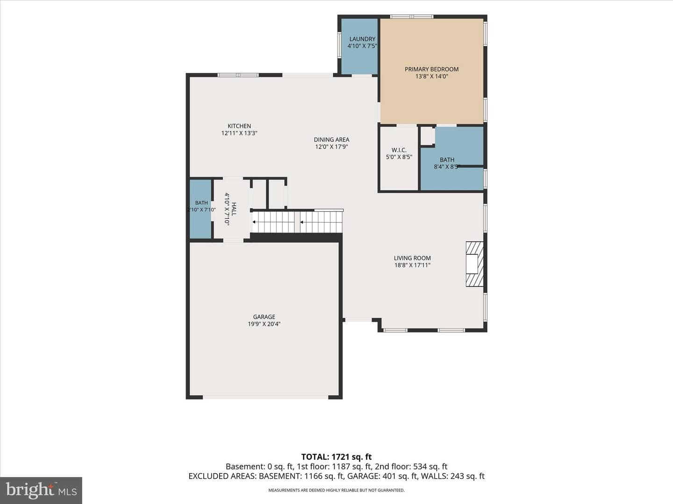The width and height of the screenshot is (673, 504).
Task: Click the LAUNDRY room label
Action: click(x=362, y=39)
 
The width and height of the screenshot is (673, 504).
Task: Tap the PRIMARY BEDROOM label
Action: click(x=431, y=69)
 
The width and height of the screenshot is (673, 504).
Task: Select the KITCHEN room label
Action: click(x=239, y=126)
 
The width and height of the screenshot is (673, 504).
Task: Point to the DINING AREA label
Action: click(x=331, y=140)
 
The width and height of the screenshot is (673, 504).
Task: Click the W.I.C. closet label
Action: click(x=399, y=150)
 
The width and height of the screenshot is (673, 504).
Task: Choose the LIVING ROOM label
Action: click(x=412, y=258)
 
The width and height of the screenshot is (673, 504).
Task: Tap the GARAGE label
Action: click(x=264, y=317)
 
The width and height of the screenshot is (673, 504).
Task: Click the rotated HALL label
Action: click(x=234, y=209)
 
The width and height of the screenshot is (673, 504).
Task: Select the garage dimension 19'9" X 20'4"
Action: click(x=264, y=324)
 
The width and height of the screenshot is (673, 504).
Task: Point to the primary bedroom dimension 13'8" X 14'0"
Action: click(x=432, y=77)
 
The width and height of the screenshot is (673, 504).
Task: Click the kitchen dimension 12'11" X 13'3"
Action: click(x=239, y=133)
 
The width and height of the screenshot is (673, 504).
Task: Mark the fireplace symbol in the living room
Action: click(x=475, y=264)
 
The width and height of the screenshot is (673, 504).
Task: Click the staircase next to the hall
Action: click(x=297, y=222)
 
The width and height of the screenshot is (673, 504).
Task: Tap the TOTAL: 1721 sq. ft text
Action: click(x=336, y=457)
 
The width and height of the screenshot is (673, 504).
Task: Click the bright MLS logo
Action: click(x=41, y=490)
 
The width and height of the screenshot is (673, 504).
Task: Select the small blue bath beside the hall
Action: click(x=200, y=209)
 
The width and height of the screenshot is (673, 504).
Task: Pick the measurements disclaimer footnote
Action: click(x=336, y=490)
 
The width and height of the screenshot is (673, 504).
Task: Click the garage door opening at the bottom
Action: click(x=265, y=397)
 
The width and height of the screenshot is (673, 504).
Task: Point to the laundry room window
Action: click(x=339, y=45)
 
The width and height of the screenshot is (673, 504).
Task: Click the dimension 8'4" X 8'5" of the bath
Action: click(x=447, y=167)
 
